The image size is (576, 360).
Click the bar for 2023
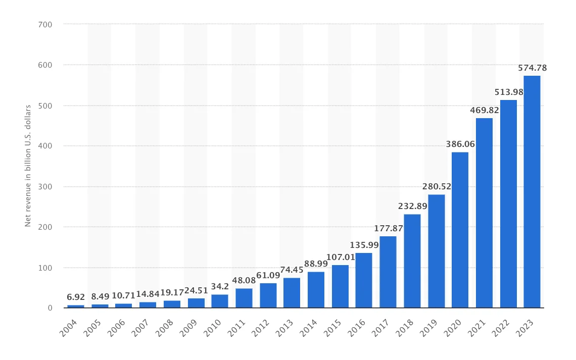[532, 192]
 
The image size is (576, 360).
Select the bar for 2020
[460, 230]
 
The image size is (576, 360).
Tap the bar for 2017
[388, 272]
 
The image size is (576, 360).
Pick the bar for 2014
[316, 290]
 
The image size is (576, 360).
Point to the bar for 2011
[244, 298]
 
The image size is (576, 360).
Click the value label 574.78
[532, 68]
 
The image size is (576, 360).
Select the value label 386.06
[460, 144]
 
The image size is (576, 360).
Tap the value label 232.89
[412, 207]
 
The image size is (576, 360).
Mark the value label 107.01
[340, 258]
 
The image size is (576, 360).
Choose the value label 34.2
[220, 287]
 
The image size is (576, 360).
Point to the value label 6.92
[76, 298]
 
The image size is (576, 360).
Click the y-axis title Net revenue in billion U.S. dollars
[28, 166]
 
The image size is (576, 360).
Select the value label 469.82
[484, 111]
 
